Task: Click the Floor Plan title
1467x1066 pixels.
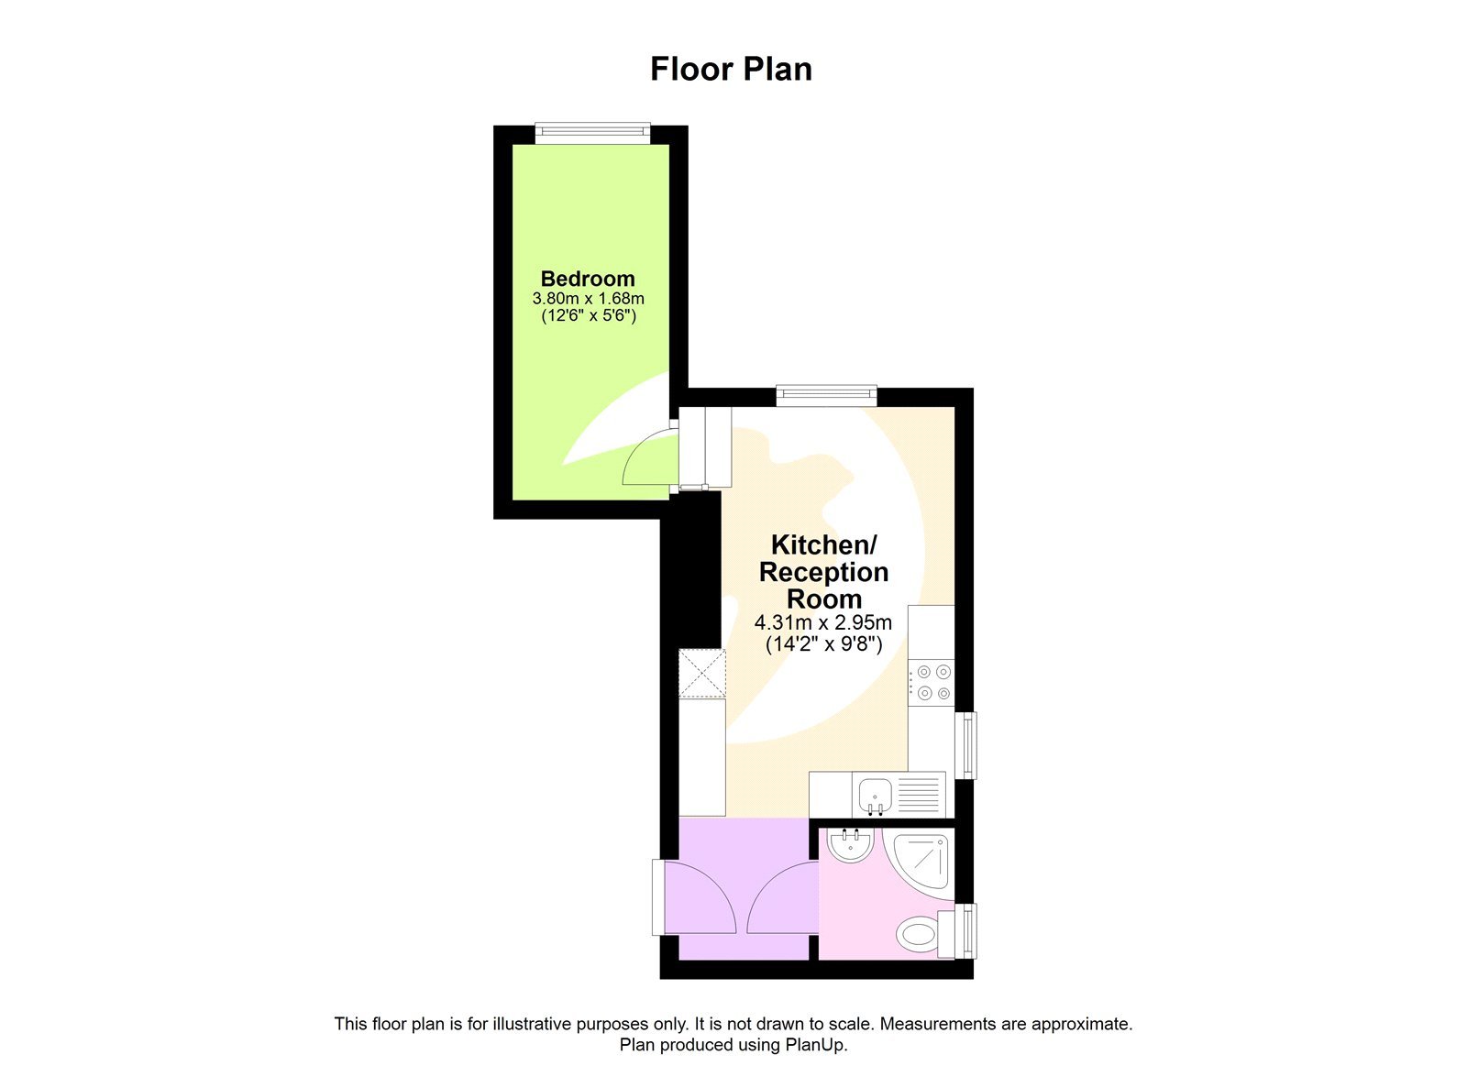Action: [x=731, y=70]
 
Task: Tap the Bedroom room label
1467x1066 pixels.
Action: [x=588, y=279]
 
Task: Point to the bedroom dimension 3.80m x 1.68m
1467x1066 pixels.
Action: [x=588, y=299]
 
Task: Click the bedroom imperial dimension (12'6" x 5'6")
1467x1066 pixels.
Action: [x=588, y=316]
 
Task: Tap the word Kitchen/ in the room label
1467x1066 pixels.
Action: [x=823, y=544]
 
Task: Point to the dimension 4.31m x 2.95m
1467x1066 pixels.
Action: [x=822, y=623]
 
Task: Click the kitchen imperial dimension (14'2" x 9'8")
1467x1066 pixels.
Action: [x=823, y=644]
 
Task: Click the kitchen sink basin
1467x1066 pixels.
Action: [x=875, y=792]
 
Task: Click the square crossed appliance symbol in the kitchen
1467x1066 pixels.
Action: [x=701, y=673]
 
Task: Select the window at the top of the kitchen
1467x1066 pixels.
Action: [x=826, y=395]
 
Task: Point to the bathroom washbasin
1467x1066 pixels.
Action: [x=850, y=844]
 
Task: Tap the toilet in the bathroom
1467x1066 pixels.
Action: [x=918, y=936]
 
